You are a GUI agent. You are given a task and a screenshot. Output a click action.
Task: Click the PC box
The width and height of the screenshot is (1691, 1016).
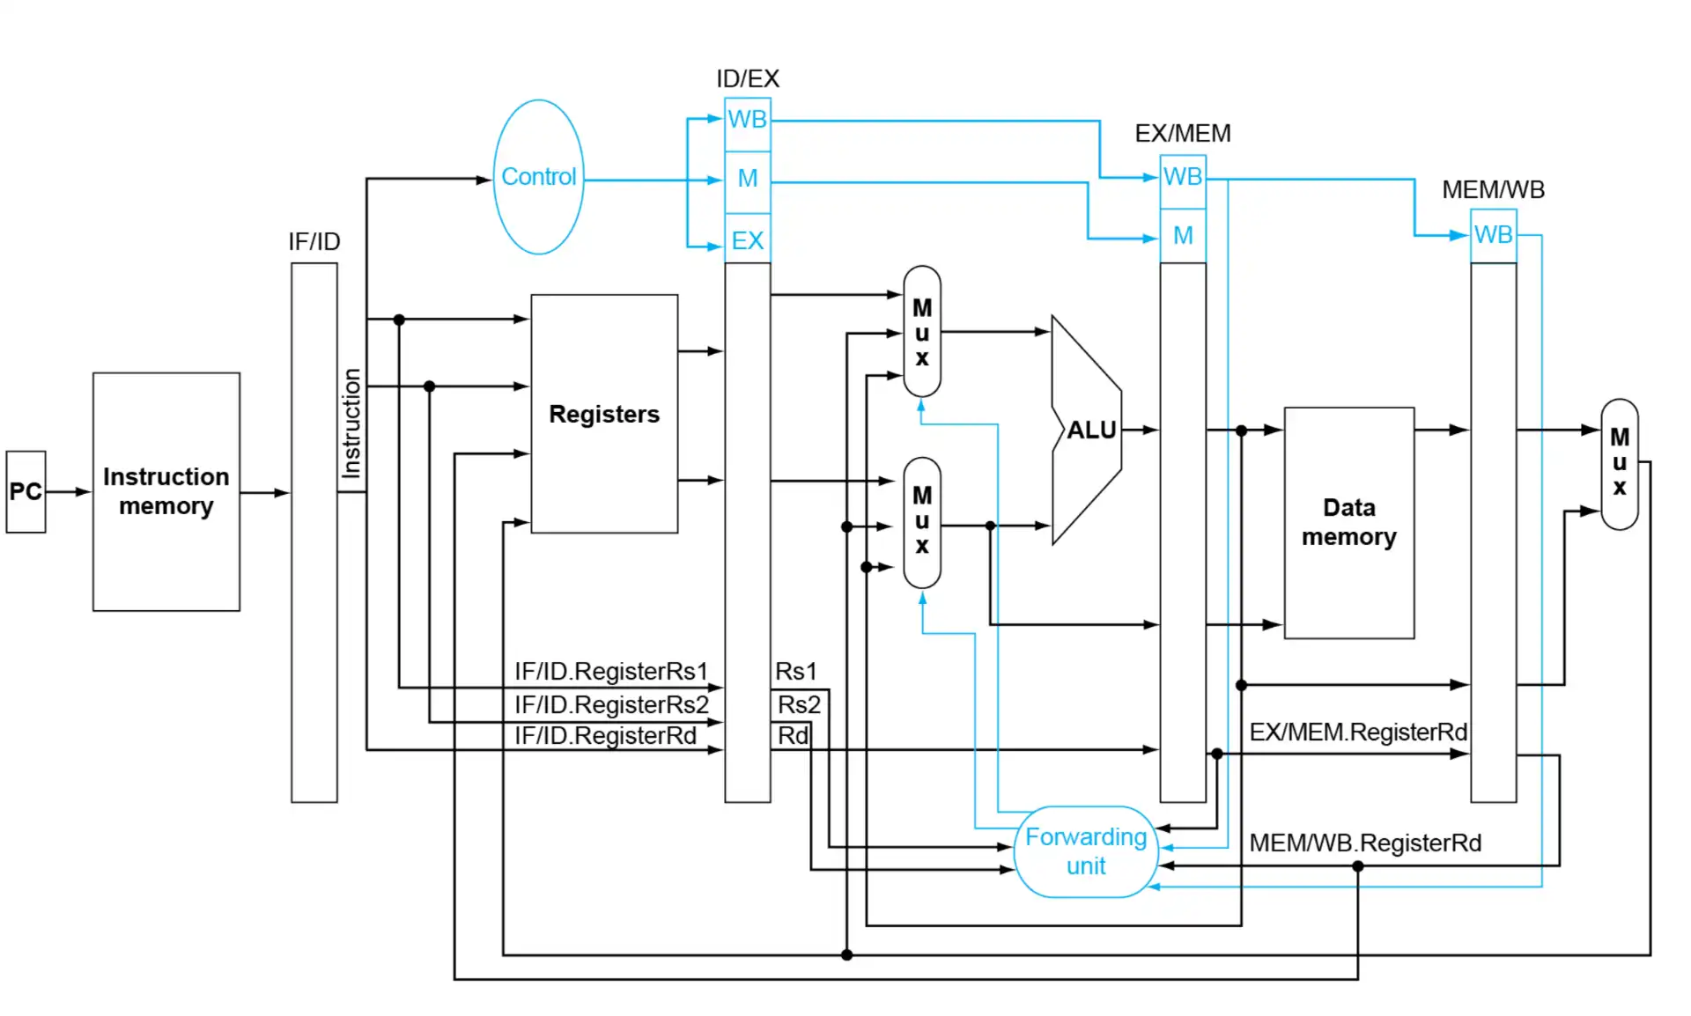[26, 491]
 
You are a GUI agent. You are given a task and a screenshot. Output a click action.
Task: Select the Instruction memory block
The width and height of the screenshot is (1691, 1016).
[166, 491]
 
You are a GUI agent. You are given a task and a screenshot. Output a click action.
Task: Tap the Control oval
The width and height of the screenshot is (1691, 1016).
[538, 177]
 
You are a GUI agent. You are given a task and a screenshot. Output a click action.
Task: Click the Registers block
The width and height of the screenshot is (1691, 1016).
[604, 414]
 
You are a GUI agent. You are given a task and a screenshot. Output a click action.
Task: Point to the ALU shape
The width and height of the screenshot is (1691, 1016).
[1089, 430]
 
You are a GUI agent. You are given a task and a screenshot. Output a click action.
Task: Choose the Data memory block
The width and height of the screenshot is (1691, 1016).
[1348, 522]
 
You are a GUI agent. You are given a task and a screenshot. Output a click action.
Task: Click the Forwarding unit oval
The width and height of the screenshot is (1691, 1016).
[1085, 851]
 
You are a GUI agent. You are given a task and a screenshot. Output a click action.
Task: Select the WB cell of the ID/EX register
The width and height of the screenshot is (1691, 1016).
[747, 120]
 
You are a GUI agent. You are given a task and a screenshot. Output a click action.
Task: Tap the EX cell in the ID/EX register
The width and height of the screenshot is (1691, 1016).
[747, 240]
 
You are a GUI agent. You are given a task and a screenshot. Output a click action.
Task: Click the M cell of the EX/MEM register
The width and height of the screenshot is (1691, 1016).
[1183, 236]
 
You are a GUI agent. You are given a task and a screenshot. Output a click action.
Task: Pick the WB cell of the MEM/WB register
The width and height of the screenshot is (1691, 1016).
[1493, 235]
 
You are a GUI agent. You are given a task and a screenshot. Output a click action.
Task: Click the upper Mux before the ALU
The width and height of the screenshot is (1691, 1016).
[921, 332]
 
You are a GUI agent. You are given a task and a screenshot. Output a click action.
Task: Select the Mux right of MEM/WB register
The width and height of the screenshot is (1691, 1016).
[1619, 463]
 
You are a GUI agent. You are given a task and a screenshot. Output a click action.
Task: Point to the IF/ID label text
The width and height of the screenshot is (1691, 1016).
[314, 241]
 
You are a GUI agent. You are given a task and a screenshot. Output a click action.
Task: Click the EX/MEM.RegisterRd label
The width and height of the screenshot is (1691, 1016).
[1357, 732]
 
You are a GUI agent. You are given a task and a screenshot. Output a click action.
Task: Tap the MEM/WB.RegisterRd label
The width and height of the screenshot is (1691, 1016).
[1364, 843]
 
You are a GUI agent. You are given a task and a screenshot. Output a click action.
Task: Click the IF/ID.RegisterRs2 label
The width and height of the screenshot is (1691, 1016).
[611, 704]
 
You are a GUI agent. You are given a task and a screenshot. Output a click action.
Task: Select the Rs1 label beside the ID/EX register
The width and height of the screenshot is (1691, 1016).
[795, 672]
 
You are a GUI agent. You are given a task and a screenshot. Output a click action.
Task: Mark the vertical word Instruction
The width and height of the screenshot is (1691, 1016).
[351, 423]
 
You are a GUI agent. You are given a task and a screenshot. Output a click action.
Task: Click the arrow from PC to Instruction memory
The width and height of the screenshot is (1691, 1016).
[69, 491]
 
